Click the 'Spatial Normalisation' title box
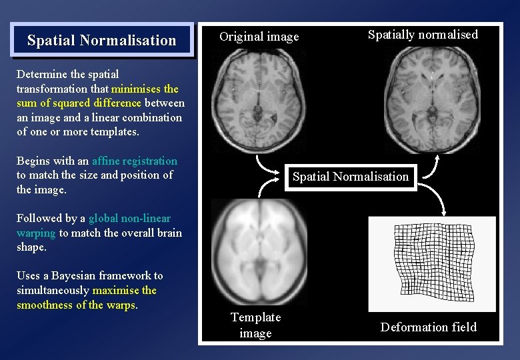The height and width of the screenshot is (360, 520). [x=101, y=40]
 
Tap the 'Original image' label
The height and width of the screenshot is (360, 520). [x=259, y=37]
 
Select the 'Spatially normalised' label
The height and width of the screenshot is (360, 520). [x=423, y=35]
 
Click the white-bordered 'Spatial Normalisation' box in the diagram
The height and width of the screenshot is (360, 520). [x=350, y=177]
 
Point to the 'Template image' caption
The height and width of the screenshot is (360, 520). [x=255, y=325]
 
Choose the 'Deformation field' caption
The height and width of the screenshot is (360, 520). [x=429, y=327]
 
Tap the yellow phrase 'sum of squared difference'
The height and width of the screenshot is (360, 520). [x=79, y=103]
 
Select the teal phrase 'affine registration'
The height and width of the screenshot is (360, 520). [x=135, y=161]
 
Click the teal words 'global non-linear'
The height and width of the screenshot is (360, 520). [x=129, y=218]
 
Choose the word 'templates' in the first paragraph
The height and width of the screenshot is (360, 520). [x=114, y=131]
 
